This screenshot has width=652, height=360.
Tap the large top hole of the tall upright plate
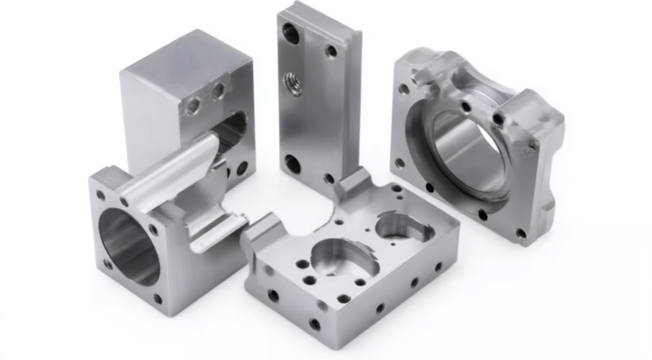(291, 32)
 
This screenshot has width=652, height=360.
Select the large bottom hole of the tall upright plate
(292, 163)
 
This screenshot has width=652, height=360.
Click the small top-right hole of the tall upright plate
(331, 51)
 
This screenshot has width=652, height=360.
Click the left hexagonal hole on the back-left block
(193, 106)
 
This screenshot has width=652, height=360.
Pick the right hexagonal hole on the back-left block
(218, 91)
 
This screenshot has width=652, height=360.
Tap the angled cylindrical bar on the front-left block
(169, 170)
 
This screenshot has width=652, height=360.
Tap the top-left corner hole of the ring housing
(404, 89)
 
